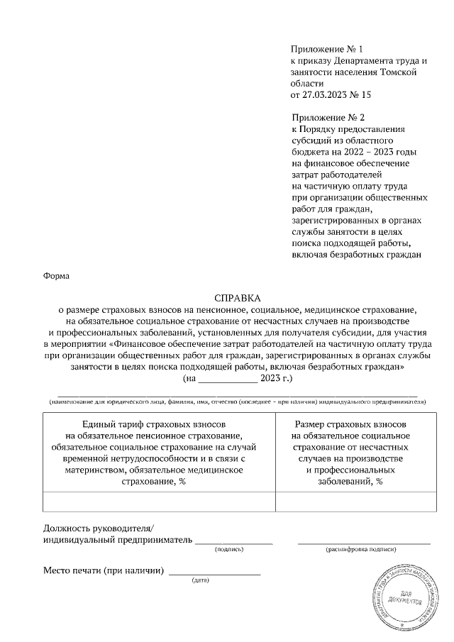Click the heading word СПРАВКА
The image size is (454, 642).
coord(238,299)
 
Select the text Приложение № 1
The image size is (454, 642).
coord(326,49)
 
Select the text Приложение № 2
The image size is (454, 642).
coord(327,116)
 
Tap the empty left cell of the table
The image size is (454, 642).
coord(159,501)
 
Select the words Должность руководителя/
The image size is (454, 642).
coord(98,528)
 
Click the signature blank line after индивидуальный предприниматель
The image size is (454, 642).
coord(234,541)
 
